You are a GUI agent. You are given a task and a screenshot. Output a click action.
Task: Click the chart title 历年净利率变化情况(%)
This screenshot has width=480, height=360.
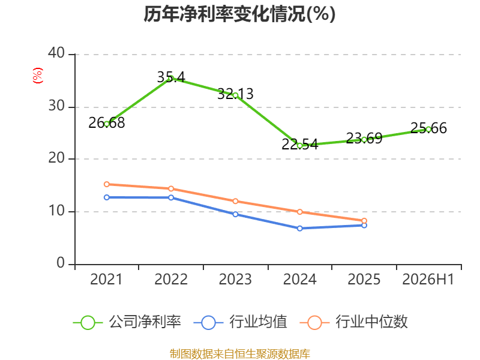239,14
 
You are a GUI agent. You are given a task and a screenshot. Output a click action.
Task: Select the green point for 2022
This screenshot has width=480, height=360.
171,78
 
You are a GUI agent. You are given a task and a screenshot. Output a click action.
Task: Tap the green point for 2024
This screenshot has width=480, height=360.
299,146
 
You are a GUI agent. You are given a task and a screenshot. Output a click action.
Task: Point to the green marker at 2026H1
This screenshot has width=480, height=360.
428,129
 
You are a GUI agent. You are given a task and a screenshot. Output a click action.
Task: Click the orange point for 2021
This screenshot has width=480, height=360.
107,184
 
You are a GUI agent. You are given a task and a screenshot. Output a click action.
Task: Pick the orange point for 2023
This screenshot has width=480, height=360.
235,201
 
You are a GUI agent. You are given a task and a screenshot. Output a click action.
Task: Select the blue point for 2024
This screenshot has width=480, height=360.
299,229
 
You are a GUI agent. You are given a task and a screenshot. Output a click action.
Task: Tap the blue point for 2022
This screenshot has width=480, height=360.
171,198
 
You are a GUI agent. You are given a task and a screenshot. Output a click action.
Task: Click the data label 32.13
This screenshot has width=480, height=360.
235,94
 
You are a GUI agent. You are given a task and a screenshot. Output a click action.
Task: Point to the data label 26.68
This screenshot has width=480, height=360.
107,123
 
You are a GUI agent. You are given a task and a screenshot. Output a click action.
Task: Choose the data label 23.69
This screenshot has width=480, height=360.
364,139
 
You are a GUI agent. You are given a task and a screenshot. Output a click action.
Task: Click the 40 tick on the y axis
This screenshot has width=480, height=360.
56,53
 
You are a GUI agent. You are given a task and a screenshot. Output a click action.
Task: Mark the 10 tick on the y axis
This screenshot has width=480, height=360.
56,211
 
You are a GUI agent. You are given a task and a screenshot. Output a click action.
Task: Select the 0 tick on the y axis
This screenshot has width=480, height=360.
61,263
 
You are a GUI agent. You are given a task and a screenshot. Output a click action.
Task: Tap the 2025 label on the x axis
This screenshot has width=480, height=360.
364,279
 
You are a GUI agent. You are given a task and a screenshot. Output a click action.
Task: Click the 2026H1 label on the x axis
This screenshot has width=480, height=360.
428,279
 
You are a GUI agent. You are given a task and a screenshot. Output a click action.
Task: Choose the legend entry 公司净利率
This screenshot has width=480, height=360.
127,322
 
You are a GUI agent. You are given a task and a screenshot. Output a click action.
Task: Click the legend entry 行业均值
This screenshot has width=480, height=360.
241,322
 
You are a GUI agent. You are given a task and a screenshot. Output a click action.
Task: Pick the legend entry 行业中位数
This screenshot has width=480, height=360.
353,322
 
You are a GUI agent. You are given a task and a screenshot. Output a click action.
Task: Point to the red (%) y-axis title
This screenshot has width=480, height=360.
38,76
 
